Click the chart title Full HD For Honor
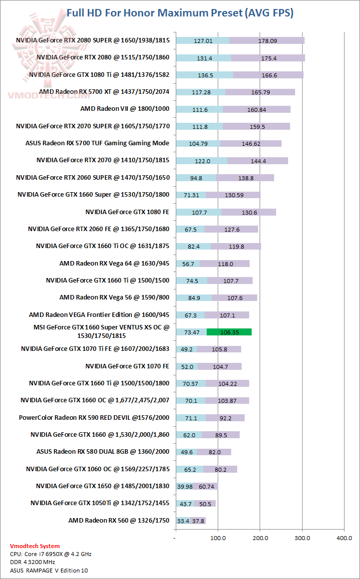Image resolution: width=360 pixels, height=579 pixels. pos(180,13)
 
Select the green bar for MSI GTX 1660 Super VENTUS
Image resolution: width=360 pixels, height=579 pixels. pos(229,332)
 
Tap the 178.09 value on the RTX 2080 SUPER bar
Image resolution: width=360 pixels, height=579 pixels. pos(268,41)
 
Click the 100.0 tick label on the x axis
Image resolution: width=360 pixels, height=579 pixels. pos(218,538)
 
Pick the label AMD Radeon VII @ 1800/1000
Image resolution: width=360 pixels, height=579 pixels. pos(125,109)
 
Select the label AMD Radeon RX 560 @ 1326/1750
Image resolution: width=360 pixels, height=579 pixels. pos(119,521)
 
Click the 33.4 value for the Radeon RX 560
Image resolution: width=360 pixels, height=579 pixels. pos(183,521)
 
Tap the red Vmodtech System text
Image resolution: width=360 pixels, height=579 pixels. pos(34,546)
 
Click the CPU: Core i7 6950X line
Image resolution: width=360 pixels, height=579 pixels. pos(50,554)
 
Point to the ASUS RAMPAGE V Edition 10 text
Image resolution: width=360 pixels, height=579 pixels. pos(49,570)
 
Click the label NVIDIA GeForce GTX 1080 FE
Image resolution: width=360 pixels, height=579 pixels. pos(127,212)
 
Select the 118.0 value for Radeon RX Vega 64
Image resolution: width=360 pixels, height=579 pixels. pos(225,264)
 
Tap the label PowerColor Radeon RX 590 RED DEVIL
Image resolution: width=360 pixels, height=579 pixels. pos(94,417)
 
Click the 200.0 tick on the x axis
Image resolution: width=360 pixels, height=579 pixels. pos(260,538)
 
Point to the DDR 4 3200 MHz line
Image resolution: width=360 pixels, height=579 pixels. pos(32,562)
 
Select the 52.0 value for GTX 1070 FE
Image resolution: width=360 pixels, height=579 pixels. pos(187,367)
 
